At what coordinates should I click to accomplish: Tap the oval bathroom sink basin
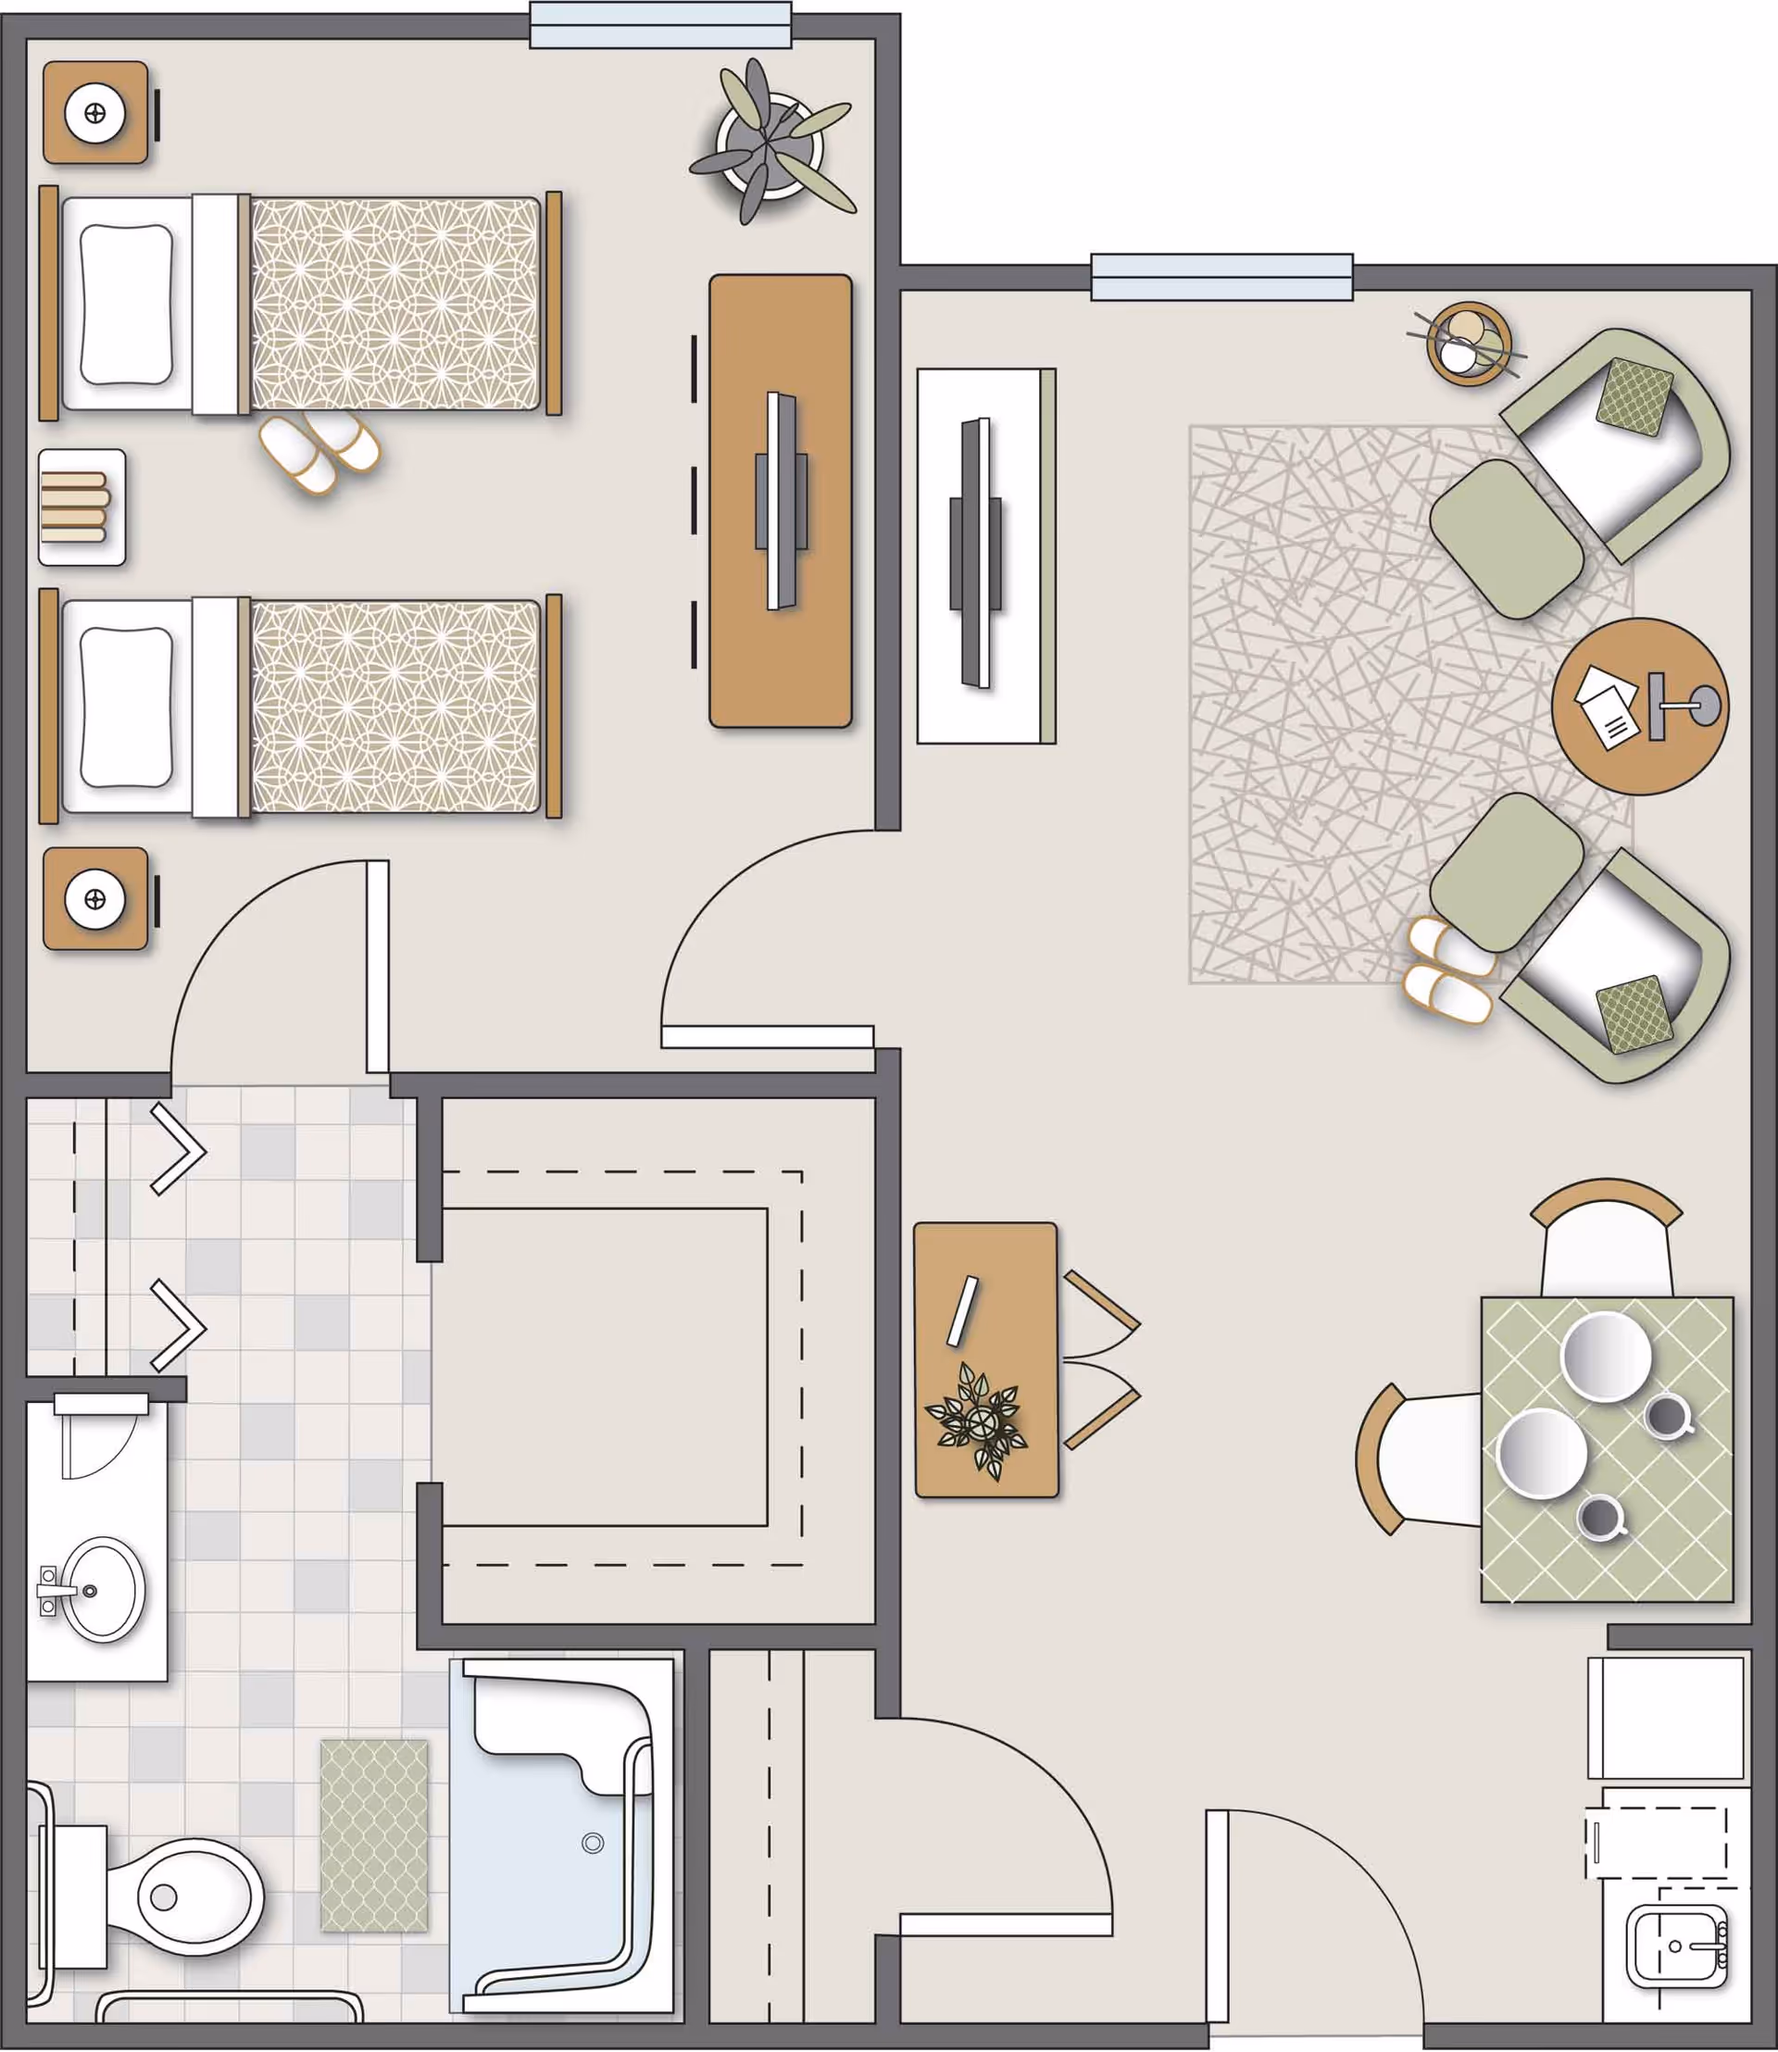tap(102, 1590)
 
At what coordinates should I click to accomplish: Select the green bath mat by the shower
tap(374, 1835)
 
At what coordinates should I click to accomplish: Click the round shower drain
tap(593, 1843)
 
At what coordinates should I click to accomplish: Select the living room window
tap(1221, 277)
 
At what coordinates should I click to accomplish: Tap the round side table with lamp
tap(1639, 706)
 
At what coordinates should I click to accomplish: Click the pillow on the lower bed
tap(126, 706)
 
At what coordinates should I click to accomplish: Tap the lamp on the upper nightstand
tap(95, 113)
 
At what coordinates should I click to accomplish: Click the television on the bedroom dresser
tap(781, 501)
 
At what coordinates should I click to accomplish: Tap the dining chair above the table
tap(1607, 1240)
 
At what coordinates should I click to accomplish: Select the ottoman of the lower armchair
tap(1506, 872)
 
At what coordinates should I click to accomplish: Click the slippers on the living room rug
tap(1449, 970)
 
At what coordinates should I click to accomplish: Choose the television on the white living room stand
tap(974, 553)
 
